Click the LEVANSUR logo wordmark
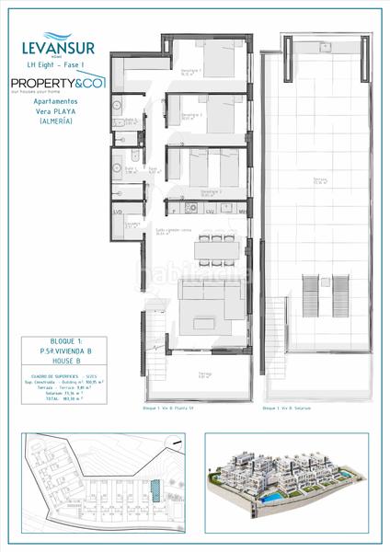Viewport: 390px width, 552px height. click(x=56, y=43)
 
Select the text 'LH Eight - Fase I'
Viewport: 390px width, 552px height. click(x=56, y=63)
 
